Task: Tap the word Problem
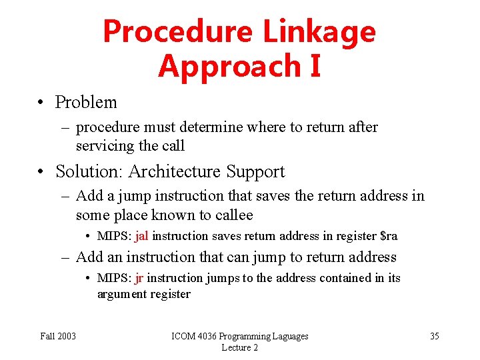[x=86, y=103]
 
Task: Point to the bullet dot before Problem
[x=42, y=103]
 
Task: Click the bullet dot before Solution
[x=42, y=172]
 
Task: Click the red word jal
[x=142, y=236]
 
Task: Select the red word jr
[x=139, y=278]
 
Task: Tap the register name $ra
[x=388, y=236]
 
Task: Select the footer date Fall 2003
[x=58, y=336]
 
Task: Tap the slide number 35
[x=434, y=336]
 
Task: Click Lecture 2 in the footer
[x=240, y=347]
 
